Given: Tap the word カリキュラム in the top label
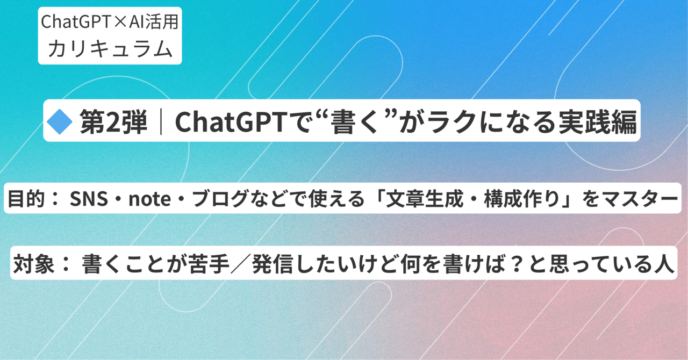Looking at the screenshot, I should tap(110, 48).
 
